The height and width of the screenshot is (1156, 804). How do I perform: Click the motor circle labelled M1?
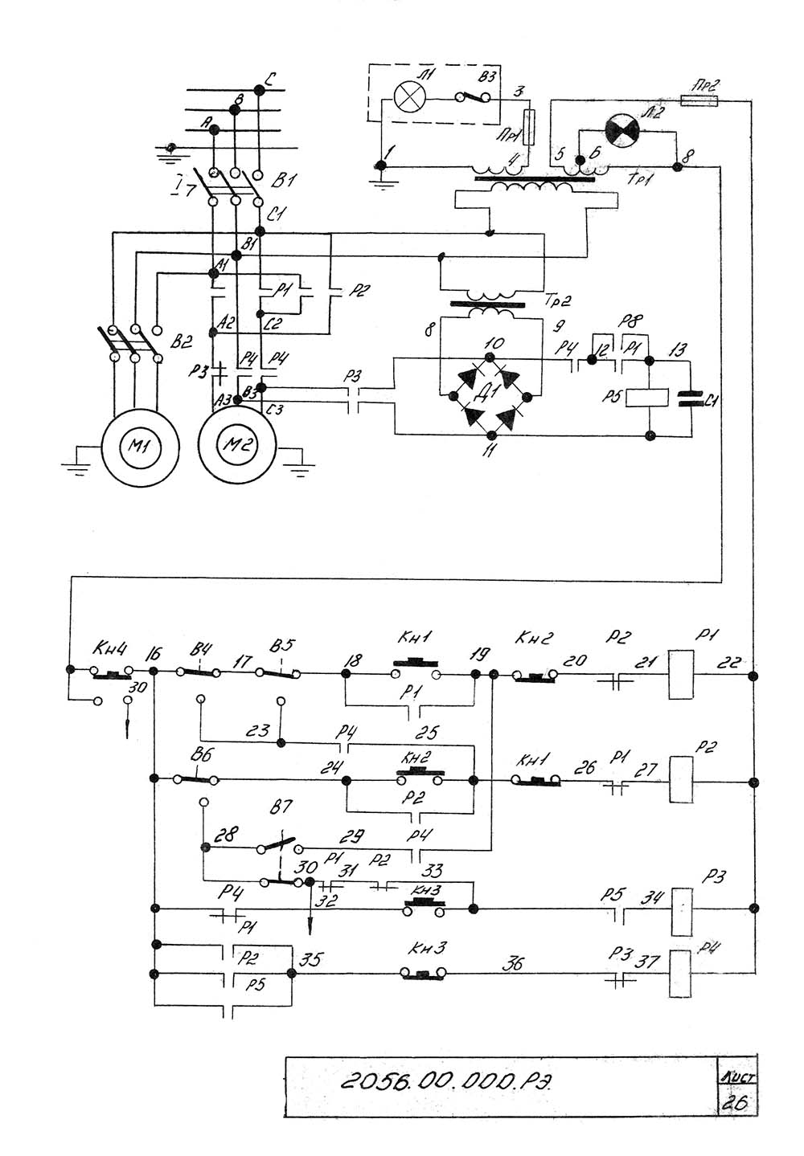pyautogui.click(x=133, y=445)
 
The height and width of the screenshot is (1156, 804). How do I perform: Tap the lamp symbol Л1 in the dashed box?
pyautogui.click(x=410, y=97)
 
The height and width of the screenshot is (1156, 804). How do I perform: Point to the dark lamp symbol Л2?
pyautogui.click(x=621, y=129)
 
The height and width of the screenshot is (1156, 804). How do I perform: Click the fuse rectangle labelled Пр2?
pyautogui.click(x=698, y=102)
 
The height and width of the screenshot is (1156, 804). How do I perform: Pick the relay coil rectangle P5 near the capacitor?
pyautogui.click(x=649, y=396)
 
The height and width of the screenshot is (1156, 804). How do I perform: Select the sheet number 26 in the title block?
pyautogui.click(x=736, y=1101)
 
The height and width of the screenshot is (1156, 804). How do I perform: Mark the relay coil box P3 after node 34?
pyautogui.click(x=682, y=911)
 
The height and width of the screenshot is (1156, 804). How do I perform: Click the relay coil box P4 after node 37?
pyautogui.click(x=680, y=973)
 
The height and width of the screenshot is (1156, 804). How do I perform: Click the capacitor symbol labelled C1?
pyautogui.click(x=688, y=398)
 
